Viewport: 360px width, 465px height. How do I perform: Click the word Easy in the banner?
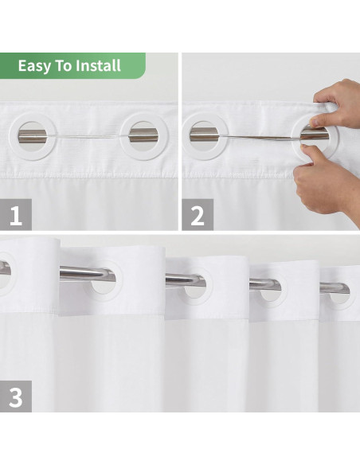coord(33,66)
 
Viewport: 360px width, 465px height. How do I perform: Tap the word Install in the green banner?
coord(98,65)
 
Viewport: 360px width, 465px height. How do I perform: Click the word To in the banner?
coord(63,65)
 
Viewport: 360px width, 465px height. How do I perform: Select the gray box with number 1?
coord(16,214)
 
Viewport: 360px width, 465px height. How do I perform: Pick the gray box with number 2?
coord(198,214)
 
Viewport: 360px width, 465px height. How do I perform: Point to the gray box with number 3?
coord(16,397)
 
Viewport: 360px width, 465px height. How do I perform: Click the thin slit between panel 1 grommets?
coord(88,136)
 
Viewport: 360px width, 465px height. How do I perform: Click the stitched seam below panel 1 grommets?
coord(89,175)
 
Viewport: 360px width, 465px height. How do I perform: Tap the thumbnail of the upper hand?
coord(315,121)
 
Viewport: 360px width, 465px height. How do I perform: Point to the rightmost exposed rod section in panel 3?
coord(335,287)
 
